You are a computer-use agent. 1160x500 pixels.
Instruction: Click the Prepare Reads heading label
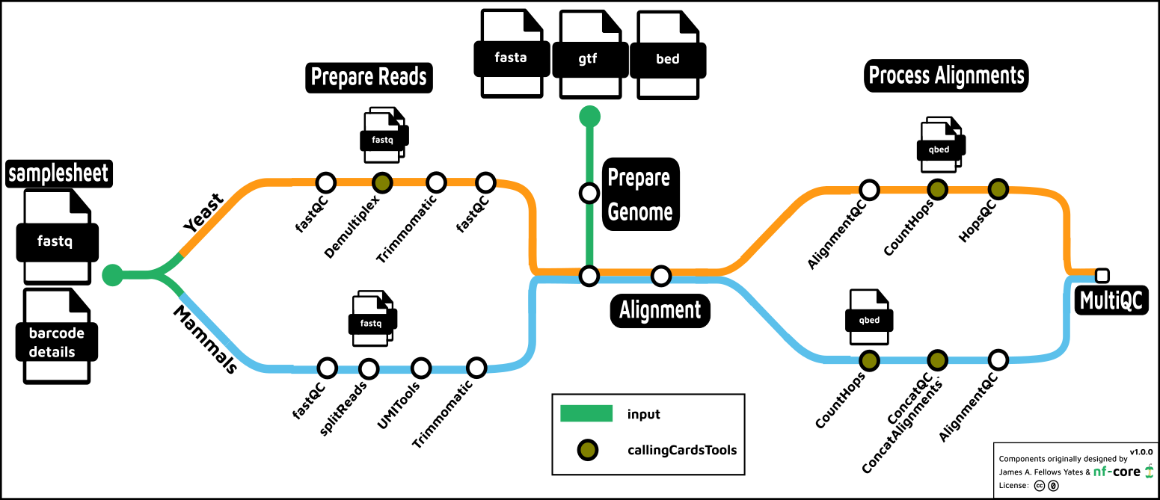click(x=369, y=77)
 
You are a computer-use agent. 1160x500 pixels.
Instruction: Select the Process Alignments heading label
click(x=946, y=75)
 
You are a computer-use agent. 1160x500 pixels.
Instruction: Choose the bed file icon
click(x=667, y=54)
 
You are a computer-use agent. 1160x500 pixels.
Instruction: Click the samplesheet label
click(x=58, y=173)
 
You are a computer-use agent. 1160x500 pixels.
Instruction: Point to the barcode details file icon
click(x=57, y=336)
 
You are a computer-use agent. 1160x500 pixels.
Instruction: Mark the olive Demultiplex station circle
click(x=382, y=182)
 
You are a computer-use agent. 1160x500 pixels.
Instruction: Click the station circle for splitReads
click(x=368, y=368)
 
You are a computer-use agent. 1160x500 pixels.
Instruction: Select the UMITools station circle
click(x=421, y=368)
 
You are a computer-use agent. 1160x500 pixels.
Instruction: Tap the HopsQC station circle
click(x=998, y=189)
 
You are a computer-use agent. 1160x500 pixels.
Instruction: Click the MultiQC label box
click(x=1111, y=300)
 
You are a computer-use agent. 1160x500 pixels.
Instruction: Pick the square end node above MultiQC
click(x=1102, y=274)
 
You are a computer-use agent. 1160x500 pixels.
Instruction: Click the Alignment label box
click(x=660, y=309)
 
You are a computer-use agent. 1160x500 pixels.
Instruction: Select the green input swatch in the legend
click(x=586, y=414)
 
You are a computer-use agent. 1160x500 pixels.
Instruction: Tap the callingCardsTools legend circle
click(x=587, y=450)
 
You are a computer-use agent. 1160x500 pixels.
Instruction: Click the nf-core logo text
click(x=1116, y=472)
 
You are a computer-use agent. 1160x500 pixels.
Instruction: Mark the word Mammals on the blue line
click(x=206, y=338)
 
